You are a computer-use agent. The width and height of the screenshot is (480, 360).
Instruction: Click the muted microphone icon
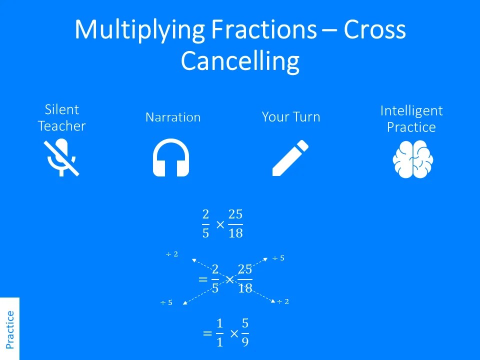coord(61,158)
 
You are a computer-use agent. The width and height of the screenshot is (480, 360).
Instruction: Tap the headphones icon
coord(170,158)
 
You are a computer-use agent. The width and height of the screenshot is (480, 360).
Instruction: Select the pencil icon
coord(290,158)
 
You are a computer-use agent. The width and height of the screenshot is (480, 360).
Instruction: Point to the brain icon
coord(412,159)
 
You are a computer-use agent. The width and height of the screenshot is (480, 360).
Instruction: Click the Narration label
coord(172,117)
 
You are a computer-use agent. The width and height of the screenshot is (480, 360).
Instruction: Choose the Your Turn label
coord(290,117)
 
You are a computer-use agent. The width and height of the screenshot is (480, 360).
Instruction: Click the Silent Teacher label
coord(61,118)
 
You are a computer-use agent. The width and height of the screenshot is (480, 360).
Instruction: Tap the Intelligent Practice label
coord(411,119)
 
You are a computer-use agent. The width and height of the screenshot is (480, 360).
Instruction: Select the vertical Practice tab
coord(9,329)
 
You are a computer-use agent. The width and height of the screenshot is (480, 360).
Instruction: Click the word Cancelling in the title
coord(240,61)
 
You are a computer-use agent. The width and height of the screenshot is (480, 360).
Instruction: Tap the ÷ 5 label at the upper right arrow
coord(278,258)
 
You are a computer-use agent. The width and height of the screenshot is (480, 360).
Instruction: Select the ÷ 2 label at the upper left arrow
coord(172,254)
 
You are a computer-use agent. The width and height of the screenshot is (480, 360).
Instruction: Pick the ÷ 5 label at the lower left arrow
coord(166,303)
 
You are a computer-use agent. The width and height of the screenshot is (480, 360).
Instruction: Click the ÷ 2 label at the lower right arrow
coord(283,301)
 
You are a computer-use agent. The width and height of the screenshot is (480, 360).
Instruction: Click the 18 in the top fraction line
coord(235,233)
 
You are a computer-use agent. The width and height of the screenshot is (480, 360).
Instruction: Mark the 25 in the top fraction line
coord(235,215)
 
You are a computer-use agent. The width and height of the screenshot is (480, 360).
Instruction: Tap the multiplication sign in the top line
coord(220,224)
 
